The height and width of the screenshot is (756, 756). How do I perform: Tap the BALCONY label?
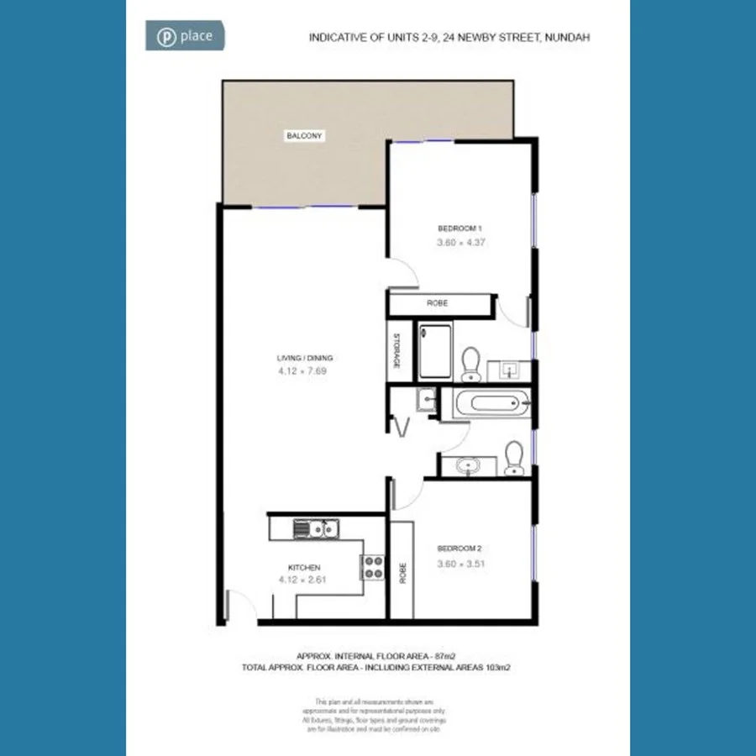pyautogui.click(x=304, y=136)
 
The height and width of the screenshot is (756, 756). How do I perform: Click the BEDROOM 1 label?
pyautogui.click(x=459, y=228)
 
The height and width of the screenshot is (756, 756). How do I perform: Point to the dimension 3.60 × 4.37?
pyautogui.click(x=461, y=243)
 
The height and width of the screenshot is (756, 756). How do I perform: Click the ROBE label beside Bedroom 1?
pyautogui.click(x=437, y=303)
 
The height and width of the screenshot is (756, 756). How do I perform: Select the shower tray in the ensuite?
pyautogui.click(x=435, y=350)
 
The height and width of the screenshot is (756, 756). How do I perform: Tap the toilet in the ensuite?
pyautogui.click(x=470, y=361)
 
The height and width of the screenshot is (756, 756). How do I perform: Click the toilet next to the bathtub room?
pyautogui.click(x=513, y=459)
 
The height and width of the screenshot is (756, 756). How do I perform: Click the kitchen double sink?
pyautogui.click(x=315, y=529)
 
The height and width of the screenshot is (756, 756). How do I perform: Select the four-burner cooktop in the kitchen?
pyautogui.click(x=373, y=568)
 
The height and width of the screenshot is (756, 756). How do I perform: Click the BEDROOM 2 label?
pyautogui.click(x=459, y=549)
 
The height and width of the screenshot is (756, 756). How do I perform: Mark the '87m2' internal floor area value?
pyautogui.click(x=442, y=655)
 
